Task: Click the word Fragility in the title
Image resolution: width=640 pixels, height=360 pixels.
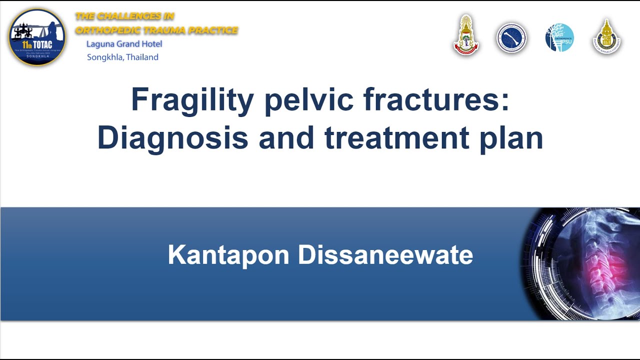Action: [x=192, y=100]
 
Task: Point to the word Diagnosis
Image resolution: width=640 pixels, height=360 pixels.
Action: [x=172, y=138]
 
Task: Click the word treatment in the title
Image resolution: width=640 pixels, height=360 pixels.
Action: [x=396, y=138]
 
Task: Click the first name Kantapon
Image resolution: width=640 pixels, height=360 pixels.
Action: [x=228, y=255]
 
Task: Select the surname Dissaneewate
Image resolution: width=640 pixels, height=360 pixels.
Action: [x=385, y=255]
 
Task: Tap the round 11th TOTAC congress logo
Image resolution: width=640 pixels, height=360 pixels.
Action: [x=37, y=37]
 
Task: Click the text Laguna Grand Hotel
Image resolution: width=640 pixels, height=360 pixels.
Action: [x=124, y=44]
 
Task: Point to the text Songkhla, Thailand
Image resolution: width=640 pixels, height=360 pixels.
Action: [x=122, y=57]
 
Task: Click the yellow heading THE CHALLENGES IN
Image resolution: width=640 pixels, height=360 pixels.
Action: [x=124, y=16]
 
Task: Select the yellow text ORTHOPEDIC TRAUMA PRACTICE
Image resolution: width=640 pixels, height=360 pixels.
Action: [x=156, y=30]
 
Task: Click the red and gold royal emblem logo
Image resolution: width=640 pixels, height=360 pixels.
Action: [x=466, y=35]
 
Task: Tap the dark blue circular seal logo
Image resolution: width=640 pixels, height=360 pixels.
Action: [x=511, y=38]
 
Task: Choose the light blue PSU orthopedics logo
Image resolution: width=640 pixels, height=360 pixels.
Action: [x=559, y=38]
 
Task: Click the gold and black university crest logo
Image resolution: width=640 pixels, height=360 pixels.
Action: [x=606, y=37]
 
